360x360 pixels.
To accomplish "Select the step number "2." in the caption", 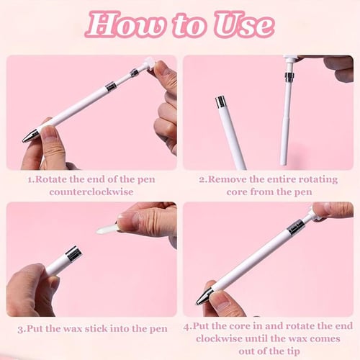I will [203, 178].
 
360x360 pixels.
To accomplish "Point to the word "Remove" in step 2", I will [229, 178].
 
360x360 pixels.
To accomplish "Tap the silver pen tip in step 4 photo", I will [204, 295].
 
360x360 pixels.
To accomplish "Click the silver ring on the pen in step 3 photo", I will [73, 253].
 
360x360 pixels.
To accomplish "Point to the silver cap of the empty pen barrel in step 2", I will [220, 102].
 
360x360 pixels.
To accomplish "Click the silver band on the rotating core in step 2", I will [289, 77].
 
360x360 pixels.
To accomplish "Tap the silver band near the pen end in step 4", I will [295, 227].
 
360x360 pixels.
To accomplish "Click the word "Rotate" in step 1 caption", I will [54, 178].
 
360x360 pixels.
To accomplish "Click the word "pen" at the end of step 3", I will [158, 328].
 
